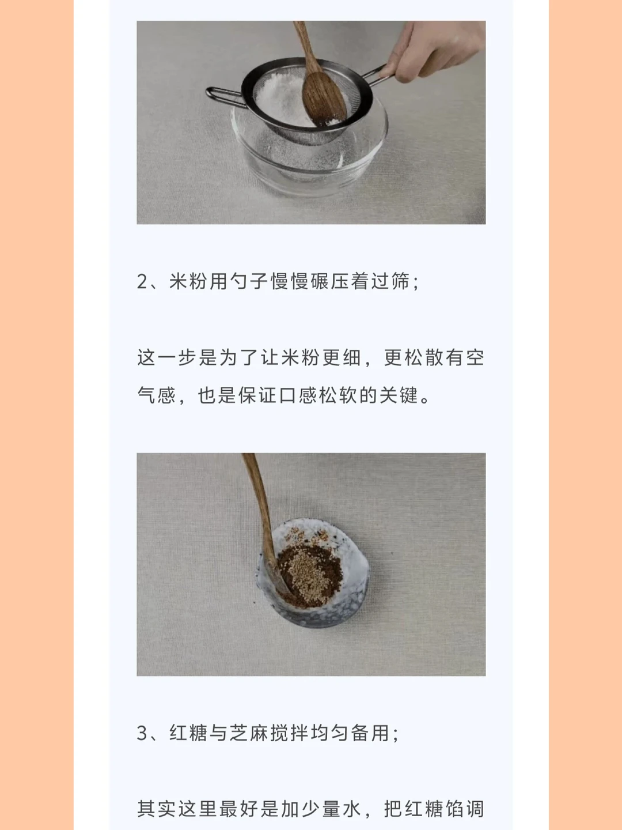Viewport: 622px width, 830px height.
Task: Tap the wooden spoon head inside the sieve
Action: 323,100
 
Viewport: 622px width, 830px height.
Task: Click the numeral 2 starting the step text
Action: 142,282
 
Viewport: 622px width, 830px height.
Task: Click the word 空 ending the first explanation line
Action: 475,357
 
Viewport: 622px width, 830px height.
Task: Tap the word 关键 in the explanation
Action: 397,395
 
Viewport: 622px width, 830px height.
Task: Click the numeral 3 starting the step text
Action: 142,734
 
